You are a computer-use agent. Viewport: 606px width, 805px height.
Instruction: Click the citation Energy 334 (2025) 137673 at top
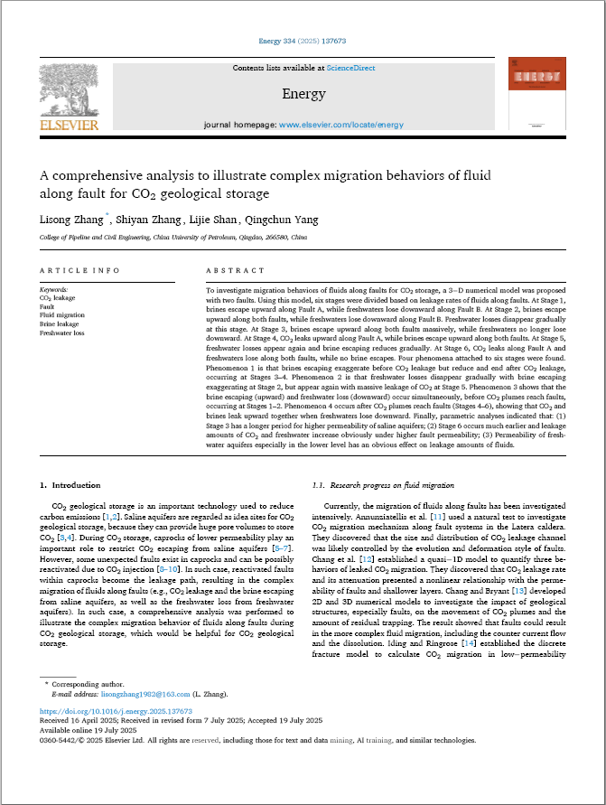pyautogui.click(x=303, y=42)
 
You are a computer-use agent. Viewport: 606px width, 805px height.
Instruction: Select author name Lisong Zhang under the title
pyautogui.click(x=73, y=219)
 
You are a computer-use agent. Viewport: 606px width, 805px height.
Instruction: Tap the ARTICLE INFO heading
pyautogui.click(x=80, y=270)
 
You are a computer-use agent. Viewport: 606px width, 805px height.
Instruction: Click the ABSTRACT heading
pyautogui.click(x=236, y=270)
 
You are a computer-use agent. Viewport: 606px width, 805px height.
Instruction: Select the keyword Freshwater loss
pyautogui.click(x=62, y=332)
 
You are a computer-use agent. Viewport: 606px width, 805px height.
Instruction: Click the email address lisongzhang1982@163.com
pyautogui.click(x=145, y=694)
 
